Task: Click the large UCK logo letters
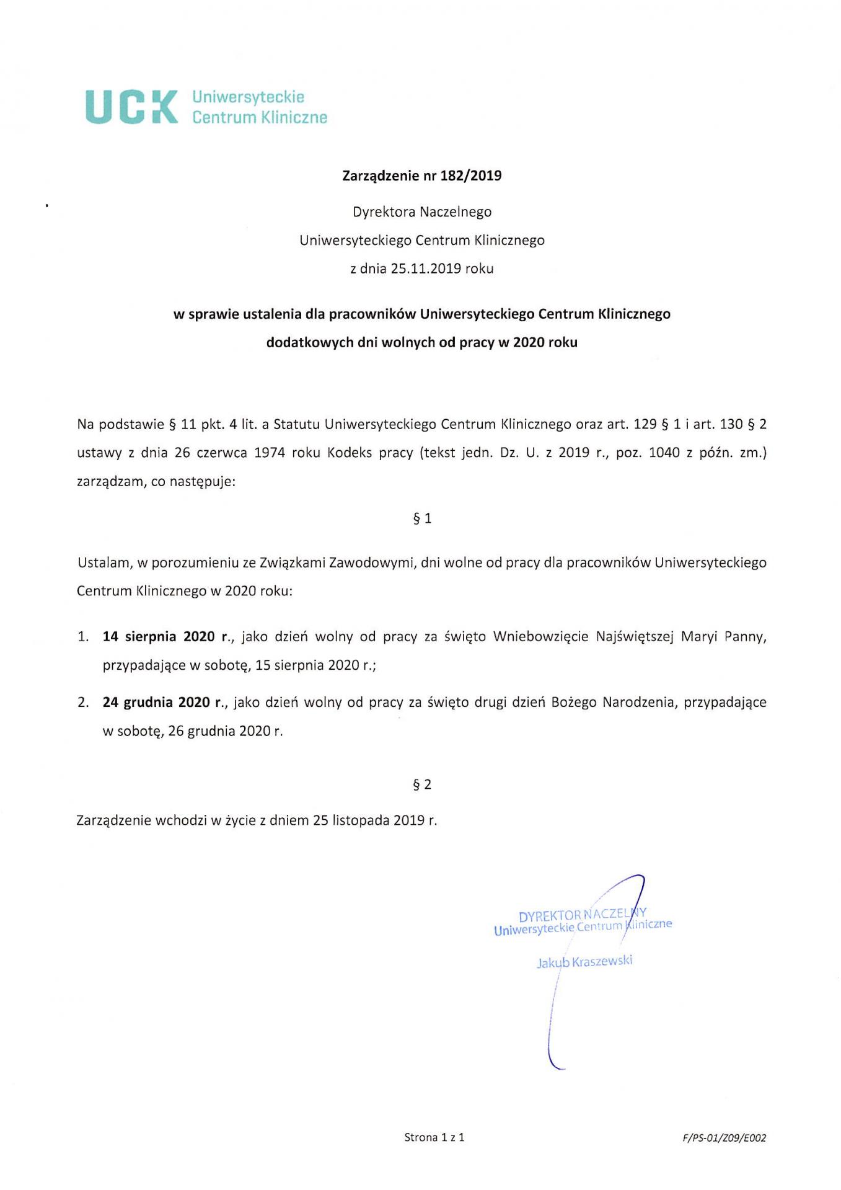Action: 131,107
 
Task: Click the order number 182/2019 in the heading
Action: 470,176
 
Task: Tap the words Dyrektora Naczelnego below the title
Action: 422,212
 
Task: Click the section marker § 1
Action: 422,518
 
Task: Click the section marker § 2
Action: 422,784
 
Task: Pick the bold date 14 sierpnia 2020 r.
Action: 165,637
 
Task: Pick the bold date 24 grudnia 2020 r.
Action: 163,703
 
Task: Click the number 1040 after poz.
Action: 664,453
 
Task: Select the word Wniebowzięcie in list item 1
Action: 540,637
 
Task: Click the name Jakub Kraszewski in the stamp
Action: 584,962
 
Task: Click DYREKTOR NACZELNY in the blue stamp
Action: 582,914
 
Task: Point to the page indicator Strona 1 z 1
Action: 434,1137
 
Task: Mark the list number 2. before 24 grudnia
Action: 83,703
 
